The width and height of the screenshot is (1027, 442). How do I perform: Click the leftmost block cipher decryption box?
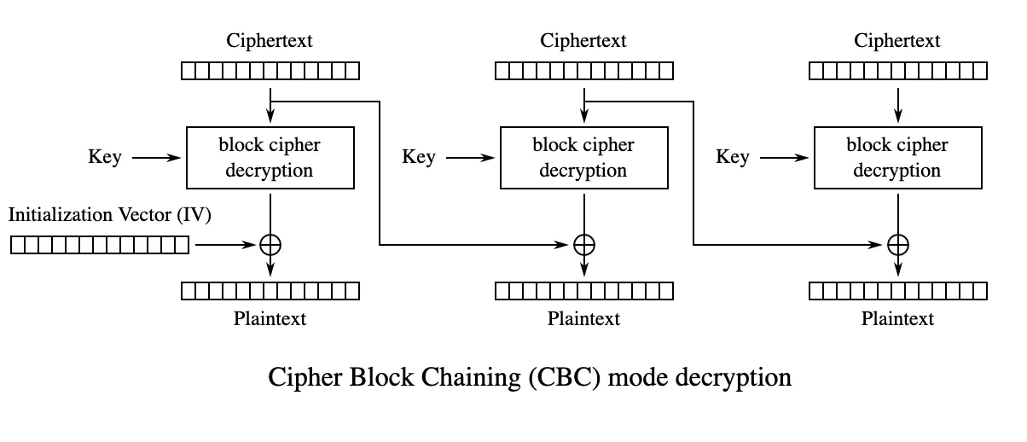270,158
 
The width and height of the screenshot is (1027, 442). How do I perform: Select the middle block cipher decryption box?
583,158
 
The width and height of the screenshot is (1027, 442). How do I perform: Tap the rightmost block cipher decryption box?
897,158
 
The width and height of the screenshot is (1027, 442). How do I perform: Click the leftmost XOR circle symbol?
270,245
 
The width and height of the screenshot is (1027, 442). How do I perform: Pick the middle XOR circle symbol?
583,245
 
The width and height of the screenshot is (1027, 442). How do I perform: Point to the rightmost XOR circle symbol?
897,245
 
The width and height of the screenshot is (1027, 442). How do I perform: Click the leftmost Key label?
105,158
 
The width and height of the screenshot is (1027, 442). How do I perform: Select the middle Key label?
419,158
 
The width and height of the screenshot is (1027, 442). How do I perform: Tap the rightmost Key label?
733,158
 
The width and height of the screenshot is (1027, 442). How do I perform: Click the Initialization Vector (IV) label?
110,215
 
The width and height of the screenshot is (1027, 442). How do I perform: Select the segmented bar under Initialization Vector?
100,246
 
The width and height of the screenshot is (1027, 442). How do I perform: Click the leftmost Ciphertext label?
270,41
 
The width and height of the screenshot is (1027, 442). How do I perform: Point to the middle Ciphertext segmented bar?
584,71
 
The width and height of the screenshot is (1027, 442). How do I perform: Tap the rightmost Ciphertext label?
897,41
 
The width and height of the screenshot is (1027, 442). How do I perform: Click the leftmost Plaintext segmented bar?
270,291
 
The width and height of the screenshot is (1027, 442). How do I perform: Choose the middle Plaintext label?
583,319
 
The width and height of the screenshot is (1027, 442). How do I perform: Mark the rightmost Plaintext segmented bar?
898,291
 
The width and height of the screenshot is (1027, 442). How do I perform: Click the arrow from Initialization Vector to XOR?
226,246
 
